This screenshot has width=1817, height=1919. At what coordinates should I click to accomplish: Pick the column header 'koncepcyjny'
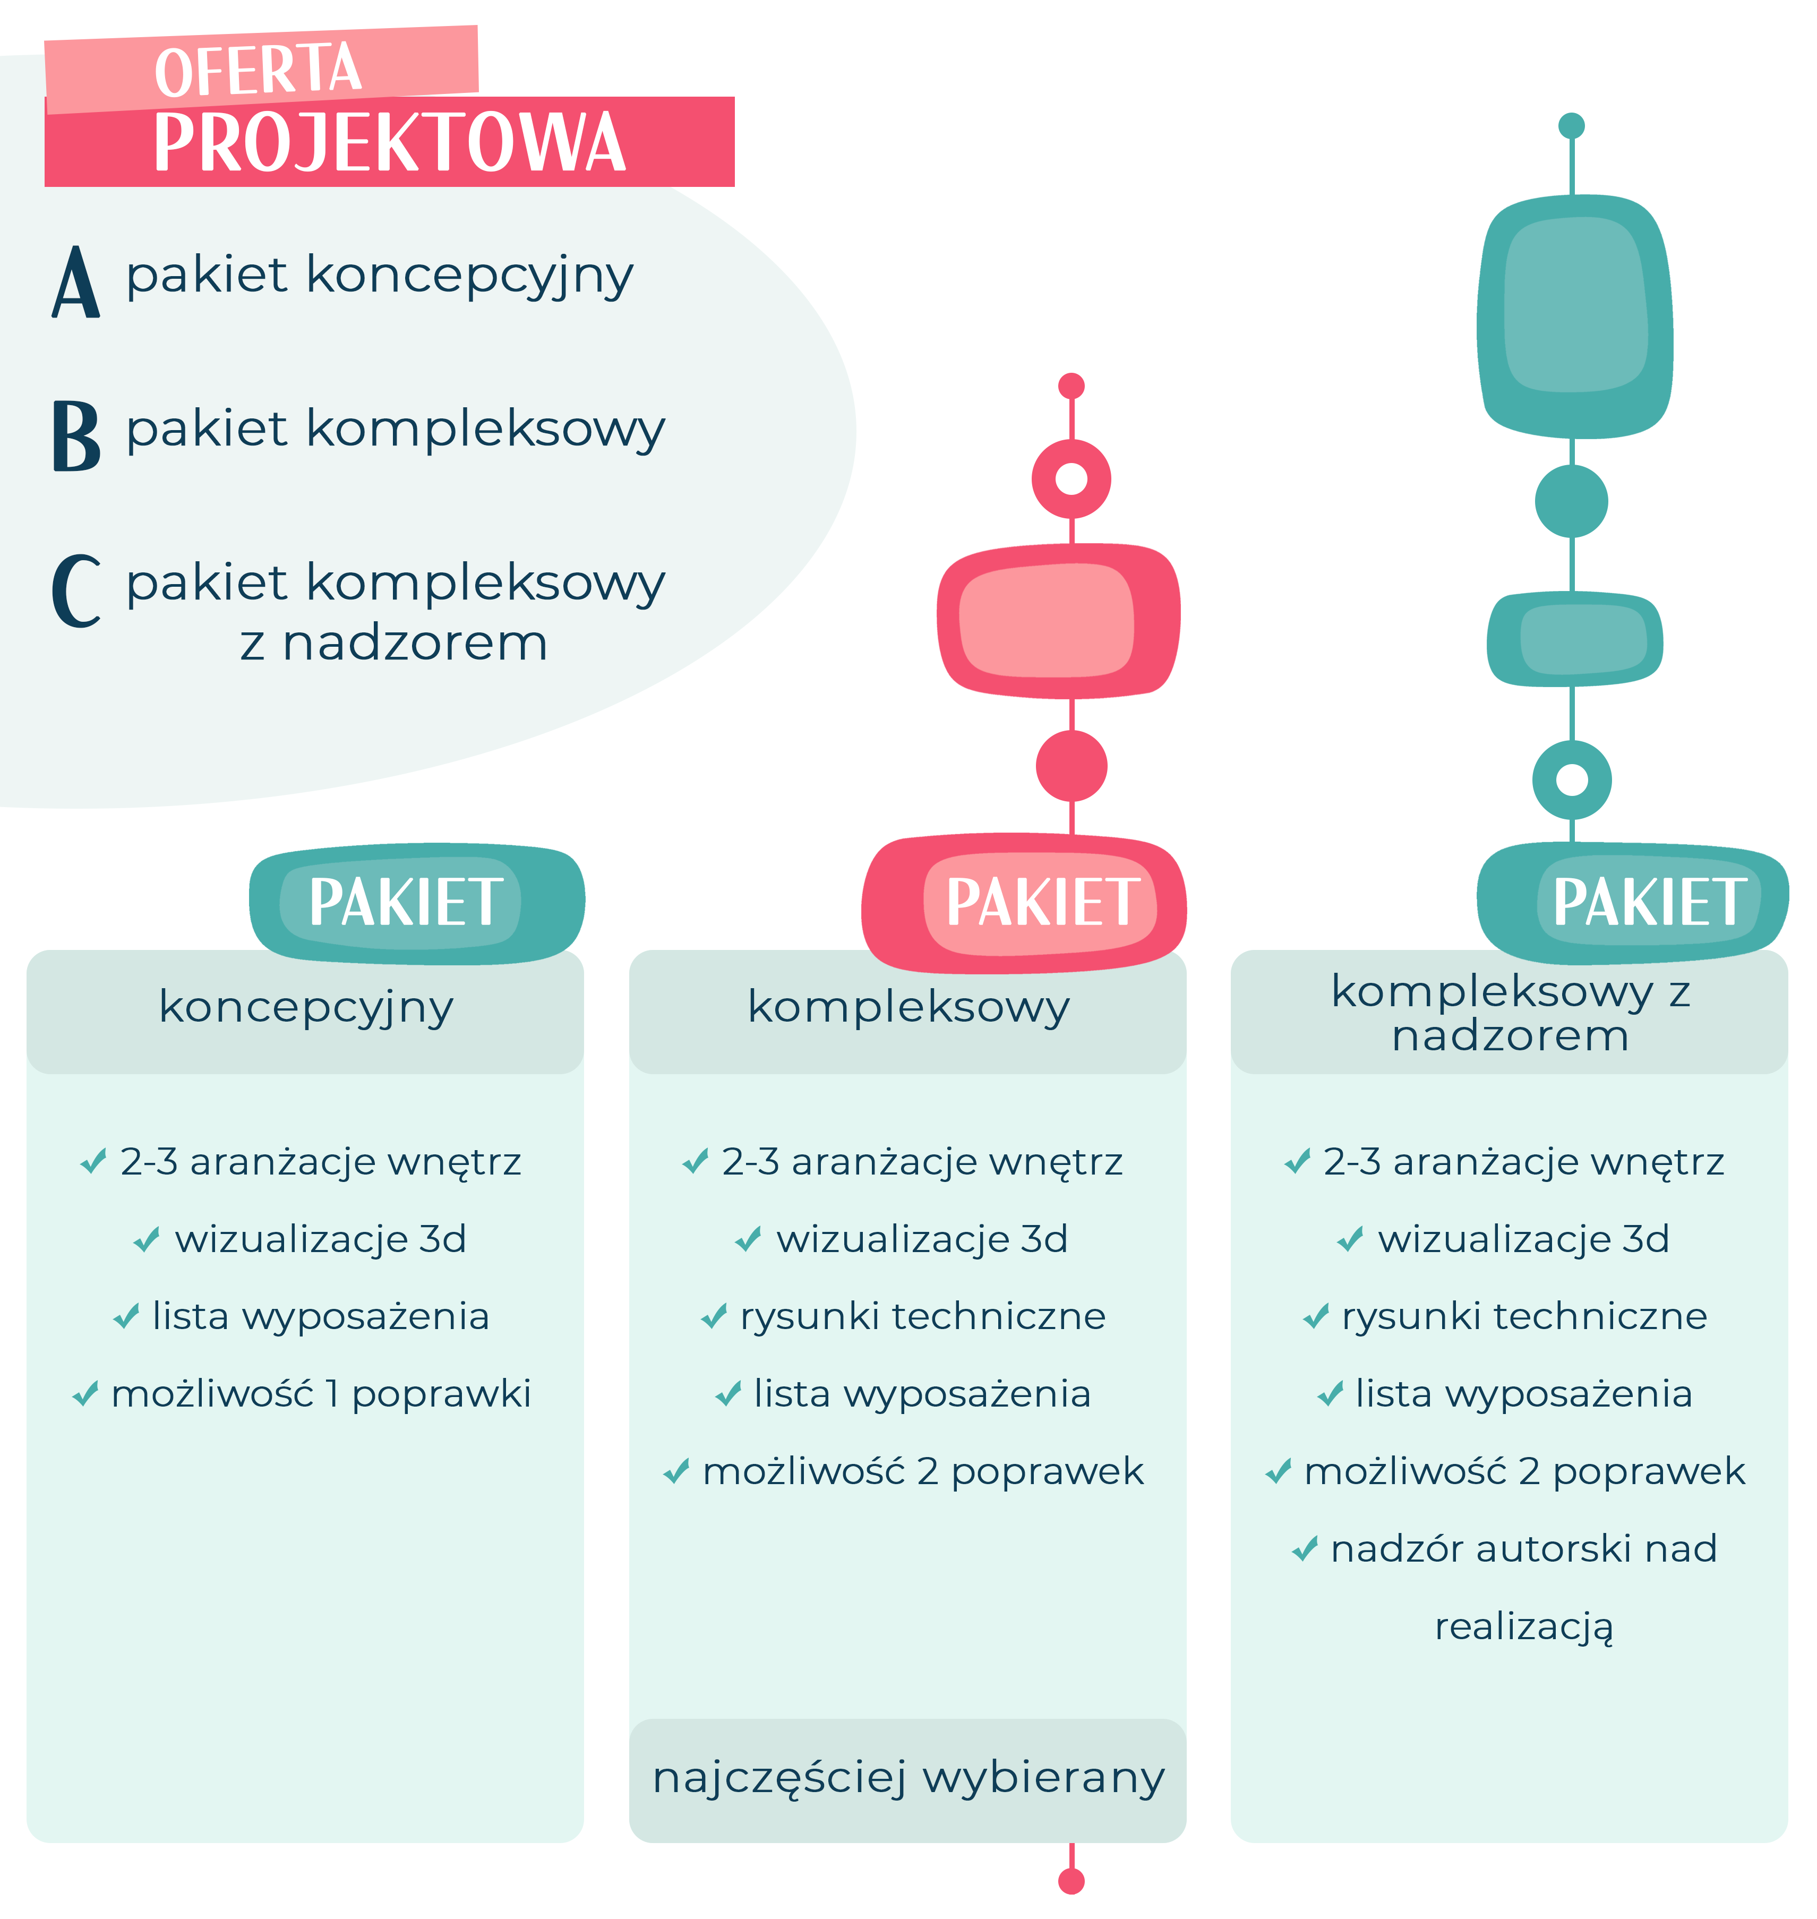point(306,1007)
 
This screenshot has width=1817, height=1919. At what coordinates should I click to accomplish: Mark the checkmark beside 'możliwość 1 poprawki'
point(85,1394)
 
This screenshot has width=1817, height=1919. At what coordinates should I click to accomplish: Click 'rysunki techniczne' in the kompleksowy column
point(922,1316)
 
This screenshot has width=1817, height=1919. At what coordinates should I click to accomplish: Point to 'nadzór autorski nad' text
point(1523,1549)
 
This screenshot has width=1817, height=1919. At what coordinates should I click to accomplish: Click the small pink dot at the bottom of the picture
point(1071,1881)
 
